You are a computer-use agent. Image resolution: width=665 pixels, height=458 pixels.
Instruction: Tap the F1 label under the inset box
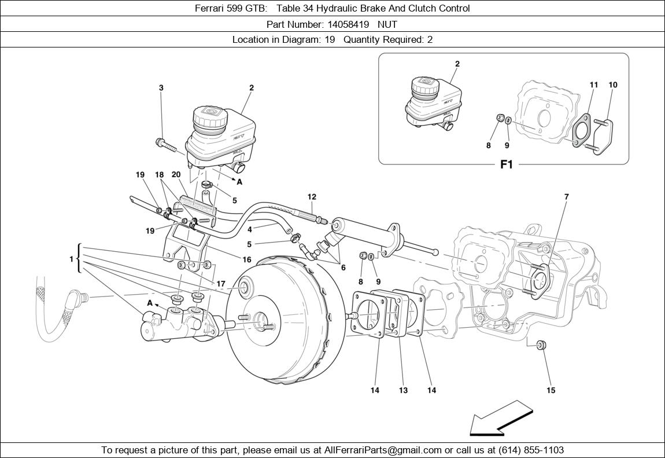pos(506,165)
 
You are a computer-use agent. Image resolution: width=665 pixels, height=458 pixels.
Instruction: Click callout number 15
pos(551,390)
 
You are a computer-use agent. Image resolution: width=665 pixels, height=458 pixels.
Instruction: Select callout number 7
pos(566,197)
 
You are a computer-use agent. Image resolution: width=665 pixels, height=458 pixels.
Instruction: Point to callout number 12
pos(312,197)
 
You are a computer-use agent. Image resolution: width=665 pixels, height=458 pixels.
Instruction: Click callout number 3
pos(161,88)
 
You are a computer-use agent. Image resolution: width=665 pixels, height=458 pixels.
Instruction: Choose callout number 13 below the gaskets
pos(403,390)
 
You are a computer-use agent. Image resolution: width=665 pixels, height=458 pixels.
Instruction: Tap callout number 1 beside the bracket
pos(72,259)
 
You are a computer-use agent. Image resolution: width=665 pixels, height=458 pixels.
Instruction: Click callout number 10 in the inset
pos(613,85)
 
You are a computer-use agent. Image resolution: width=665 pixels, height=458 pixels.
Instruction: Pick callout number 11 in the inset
pos(594,85)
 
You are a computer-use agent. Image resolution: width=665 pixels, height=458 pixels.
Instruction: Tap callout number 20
pos(176,175)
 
